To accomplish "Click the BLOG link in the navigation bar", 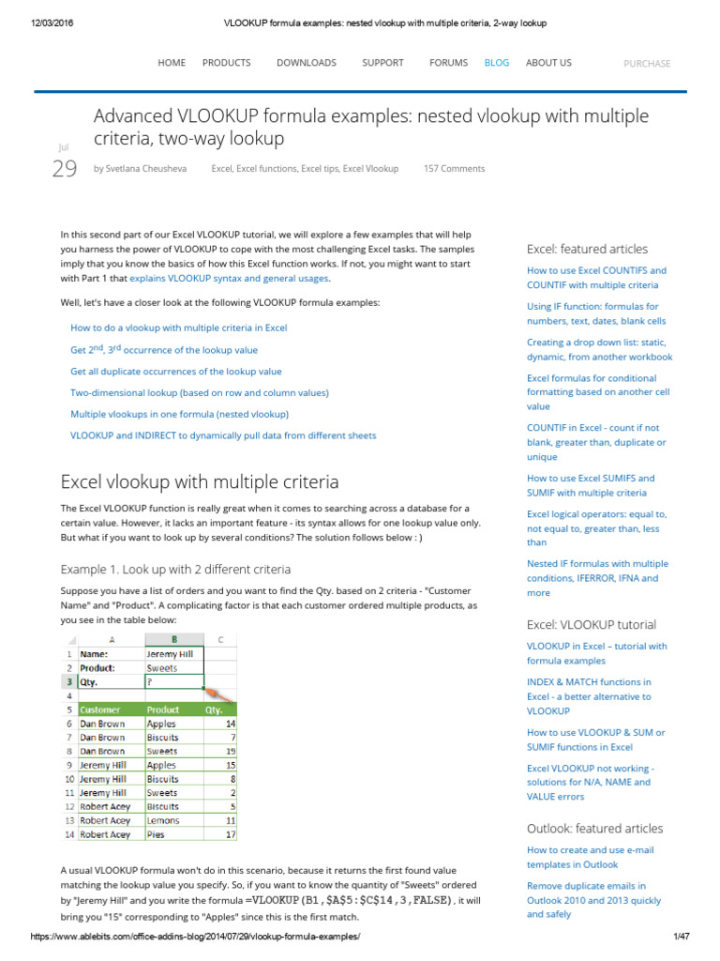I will pyautogui.click(x=496, y=63).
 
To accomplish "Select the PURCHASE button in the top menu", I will pyautogui.click(x=647, y=64).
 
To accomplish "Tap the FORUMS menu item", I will pyautogui.click(x=448, y=63).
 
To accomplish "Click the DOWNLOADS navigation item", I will pyautogui.click(x=306, y=63).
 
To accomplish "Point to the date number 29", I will pyautogui.click(x=64, y=169).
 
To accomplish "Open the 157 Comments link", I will pyautogui.click(x=454, y=169).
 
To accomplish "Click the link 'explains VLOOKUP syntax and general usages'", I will pyautogui.click(x=229, y=279).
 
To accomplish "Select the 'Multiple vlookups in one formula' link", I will pyautogui.click(x=179, y=414).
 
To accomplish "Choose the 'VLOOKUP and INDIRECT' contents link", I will pyautogui.click(x=223, y=435).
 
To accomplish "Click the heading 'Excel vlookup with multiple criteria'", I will pyautogui.click(x=200, y=482).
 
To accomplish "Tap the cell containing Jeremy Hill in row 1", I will pyautogui.click(x=174, y=654).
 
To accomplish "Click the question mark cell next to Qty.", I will pyautogui.click(x=174, y=682).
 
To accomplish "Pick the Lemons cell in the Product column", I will pyautogui.click(x=163, y=820).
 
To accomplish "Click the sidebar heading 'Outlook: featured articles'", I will pyautogui.click(x=594, y=829).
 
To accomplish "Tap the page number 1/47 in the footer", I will pyautogui.click(x=681, y=938).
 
